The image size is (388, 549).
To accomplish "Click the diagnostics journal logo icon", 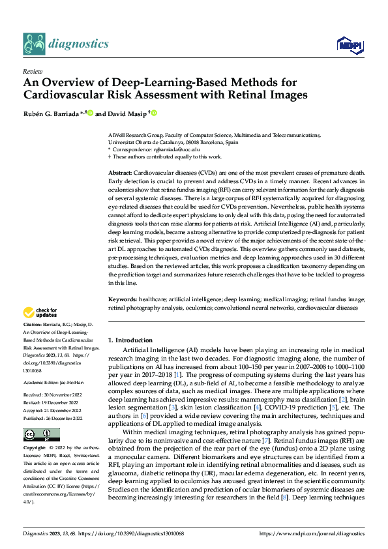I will coord(33,43).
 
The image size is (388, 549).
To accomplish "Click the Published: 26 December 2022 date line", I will coord(55,400).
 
